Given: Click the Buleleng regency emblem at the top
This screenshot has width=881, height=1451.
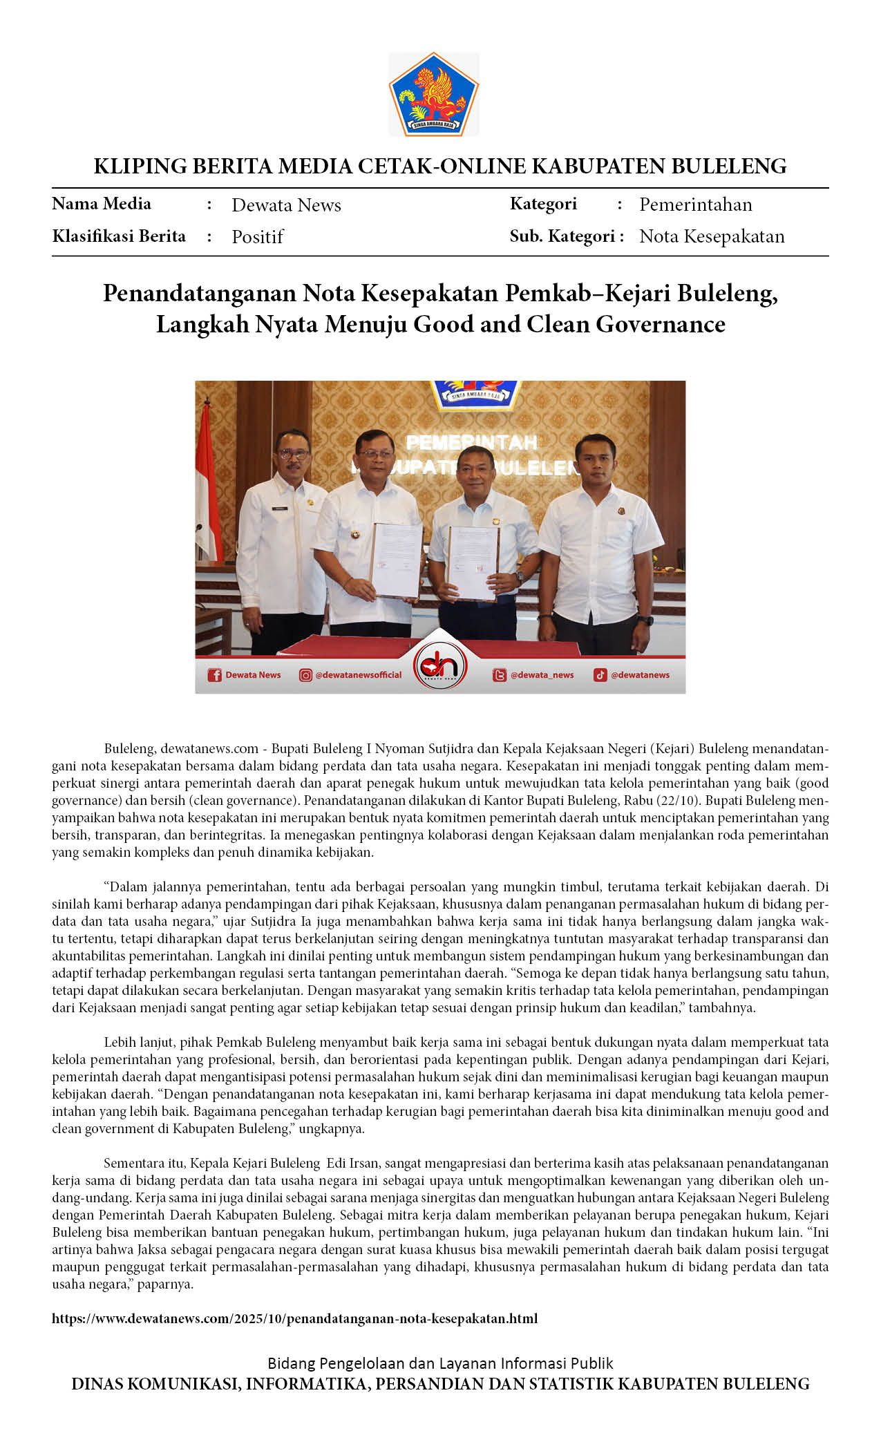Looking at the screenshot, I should pos(433,94).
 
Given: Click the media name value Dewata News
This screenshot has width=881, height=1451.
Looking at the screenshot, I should pos(286,205).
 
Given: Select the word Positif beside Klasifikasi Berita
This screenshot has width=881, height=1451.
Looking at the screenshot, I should pos(257,237).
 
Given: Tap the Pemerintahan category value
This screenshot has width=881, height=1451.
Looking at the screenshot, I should pos(695,205).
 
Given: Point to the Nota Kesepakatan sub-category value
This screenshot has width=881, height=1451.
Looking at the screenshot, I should pos(712,236).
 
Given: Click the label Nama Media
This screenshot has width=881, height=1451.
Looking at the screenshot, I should pos(102,204).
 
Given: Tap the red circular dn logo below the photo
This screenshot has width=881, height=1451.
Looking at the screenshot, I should pos(440,666).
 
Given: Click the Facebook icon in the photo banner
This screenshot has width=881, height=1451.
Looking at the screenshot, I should pos(215,675).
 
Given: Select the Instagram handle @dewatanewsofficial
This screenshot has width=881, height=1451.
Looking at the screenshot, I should pos(358,675).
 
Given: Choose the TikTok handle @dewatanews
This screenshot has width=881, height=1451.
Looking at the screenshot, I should pos(640,675).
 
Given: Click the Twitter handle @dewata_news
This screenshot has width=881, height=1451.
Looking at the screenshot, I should pos(542,675).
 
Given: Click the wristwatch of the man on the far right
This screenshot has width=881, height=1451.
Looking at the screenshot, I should pos(647,620).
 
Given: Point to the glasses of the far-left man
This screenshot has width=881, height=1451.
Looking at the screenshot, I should pos(293,454).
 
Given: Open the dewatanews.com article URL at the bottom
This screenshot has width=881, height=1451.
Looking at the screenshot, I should pos(294,1318).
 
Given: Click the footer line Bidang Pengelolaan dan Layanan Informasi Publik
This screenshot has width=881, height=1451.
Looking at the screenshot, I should pos(440,1363).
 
